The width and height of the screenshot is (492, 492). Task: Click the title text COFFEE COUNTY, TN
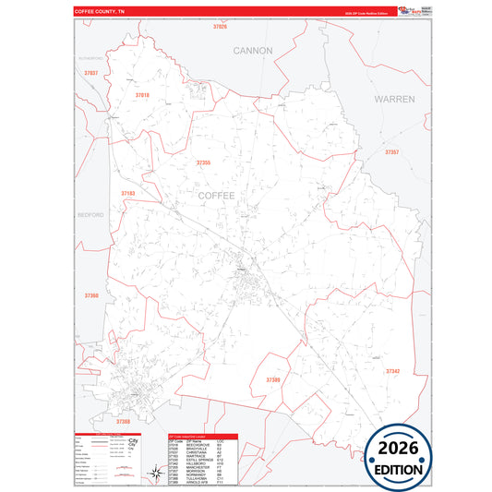click(x=99, y=12)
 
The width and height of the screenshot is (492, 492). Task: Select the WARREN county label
click(x=394, y=98)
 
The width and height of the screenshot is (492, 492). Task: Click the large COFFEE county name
click(x=217, y=195)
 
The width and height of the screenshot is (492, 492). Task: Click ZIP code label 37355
click(x=203, y=162)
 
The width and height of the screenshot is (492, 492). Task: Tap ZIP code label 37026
click(x=220, y=27)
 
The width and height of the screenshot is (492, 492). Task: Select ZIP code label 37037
click(x=90, y=72)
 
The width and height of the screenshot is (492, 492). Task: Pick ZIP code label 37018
click(x=142, y=95)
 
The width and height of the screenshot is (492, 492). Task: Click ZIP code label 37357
click(x=391, y=151)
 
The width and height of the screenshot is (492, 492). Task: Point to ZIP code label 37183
click(x=127, y=193)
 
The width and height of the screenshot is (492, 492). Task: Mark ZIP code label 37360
click(x=90, y=295)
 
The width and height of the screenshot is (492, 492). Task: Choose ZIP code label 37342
click(x=392, y=371)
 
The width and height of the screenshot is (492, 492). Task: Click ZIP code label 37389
click(x=273, y=379)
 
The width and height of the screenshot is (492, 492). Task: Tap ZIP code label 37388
click(x=124, y=421)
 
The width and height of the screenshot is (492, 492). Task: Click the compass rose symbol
click(x=153, y=474)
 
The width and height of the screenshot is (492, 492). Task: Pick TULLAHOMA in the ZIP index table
click(x=188, y=479)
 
